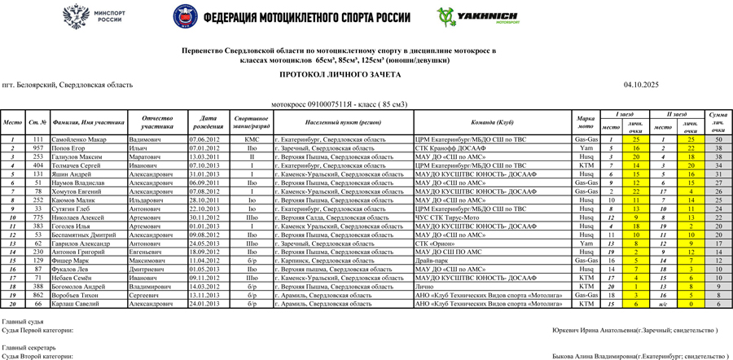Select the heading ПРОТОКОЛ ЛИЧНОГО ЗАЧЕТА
(x=340, y=74)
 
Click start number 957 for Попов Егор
(x=37, y=149)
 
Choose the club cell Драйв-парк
(x=432, y=261)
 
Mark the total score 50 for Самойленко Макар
(x=718, y=140)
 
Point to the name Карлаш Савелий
(x=74, y=304)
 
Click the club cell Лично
(x=424, y=287)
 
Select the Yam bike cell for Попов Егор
(x=586, y=149)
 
